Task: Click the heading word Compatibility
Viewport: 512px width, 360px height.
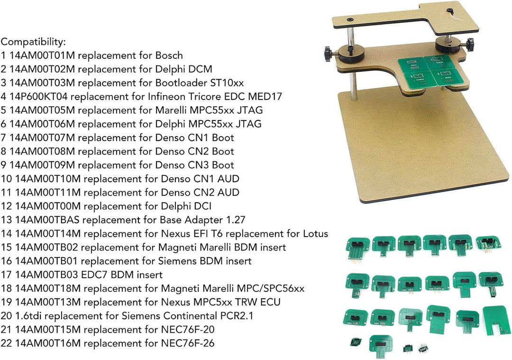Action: coord(33,42)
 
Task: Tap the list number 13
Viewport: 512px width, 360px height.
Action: coord(6,220)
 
